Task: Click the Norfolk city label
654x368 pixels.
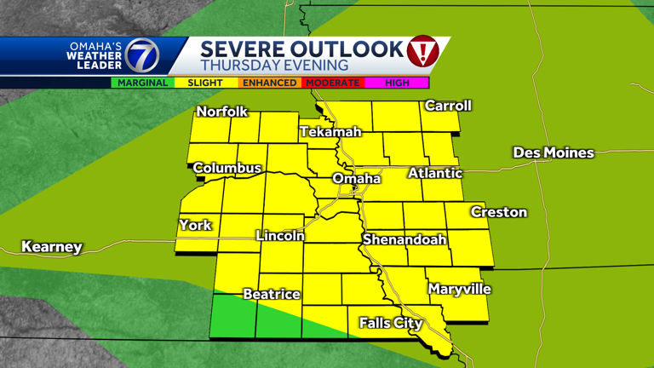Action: pos(221,112)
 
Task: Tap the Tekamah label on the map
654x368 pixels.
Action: pos(330,132)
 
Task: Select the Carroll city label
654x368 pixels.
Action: pos(448,106)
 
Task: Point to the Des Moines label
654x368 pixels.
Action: pos(553,152)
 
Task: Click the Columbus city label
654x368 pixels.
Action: pos(227,168)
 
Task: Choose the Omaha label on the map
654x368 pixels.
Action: pos(356,178)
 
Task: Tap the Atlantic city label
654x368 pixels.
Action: pos(435,173)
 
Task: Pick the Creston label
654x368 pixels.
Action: pos(499,212)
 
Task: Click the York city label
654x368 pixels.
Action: pos(195,225)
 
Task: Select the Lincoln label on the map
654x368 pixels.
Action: pos(280,235)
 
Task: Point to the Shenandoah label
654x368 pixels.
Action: pos(404,239)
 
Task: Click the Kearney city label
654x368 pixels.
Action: pos(52,247)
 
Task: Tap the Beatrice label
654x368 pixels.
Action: pos(272,294)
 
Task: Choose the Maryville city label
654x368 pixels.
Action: pos(460,289)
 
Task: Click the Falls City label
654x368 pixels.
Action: pos(391,323)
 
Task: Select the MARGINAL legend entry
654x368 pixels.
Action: pos(142,83)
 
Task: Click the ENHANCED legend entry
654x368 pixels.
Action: pos(268,83)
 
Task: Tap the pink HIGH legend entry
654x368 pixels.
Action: pos(397,83)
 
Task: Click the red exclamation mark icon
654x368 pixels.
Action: pos(423,53)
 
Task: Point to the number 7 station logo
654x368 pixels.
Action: pos(142,56)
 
